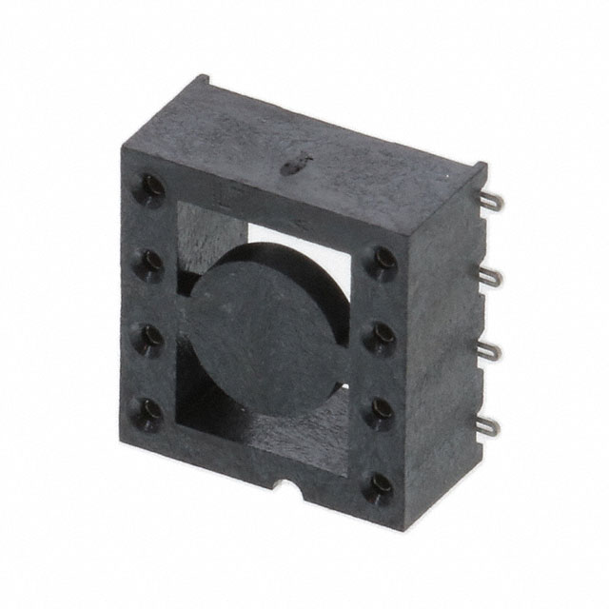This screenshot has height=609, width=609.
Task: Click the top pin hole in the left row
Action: [151, 185]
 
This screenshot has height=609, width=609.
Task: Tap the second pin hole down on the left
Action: [150, 261]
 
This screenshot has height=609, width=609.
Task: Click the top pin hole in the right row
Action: [382, 259]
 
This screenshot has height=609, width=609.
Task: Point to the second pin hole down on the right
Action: [382, 333]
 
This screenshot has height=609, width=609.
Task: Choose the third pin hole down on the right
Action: [382, 408]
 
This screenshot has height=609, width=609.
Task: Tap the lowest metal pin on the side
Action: [485, 424]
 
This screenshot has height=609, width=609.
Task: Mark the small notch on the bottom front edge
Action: [286, 493]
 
